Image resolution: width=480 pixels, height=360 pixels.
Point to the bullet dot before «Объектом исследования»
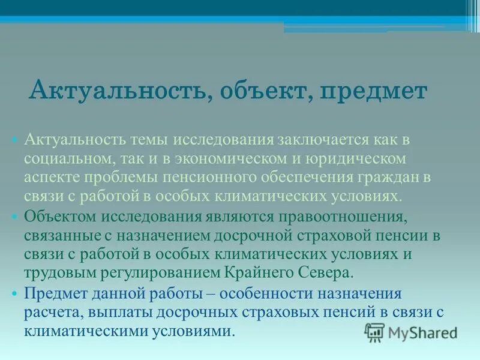point(14,216)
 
